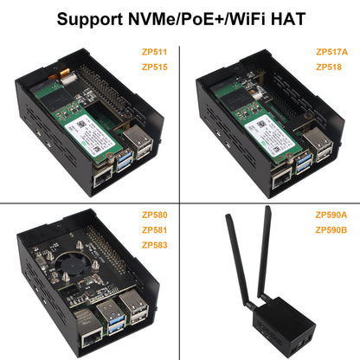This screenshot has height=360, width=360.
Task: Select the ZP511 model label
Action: click(155, 52)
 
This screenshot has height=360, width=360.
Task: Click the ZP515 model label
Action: click(155, 67)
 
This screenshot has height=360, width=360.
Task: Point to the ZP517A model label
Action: click(332, 52)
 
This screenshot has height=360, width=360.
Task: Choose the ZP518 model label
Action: click(329, 67)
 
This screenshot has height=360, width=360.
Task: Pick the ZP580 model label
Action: click(155, 215)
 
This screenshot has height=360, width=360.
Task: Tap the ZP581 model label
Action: click(155, 230)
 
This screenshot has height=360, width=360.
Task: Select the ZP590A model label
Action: click(332, 215)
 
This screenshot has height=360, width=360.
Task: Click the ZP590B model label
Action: click(332, 230)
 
